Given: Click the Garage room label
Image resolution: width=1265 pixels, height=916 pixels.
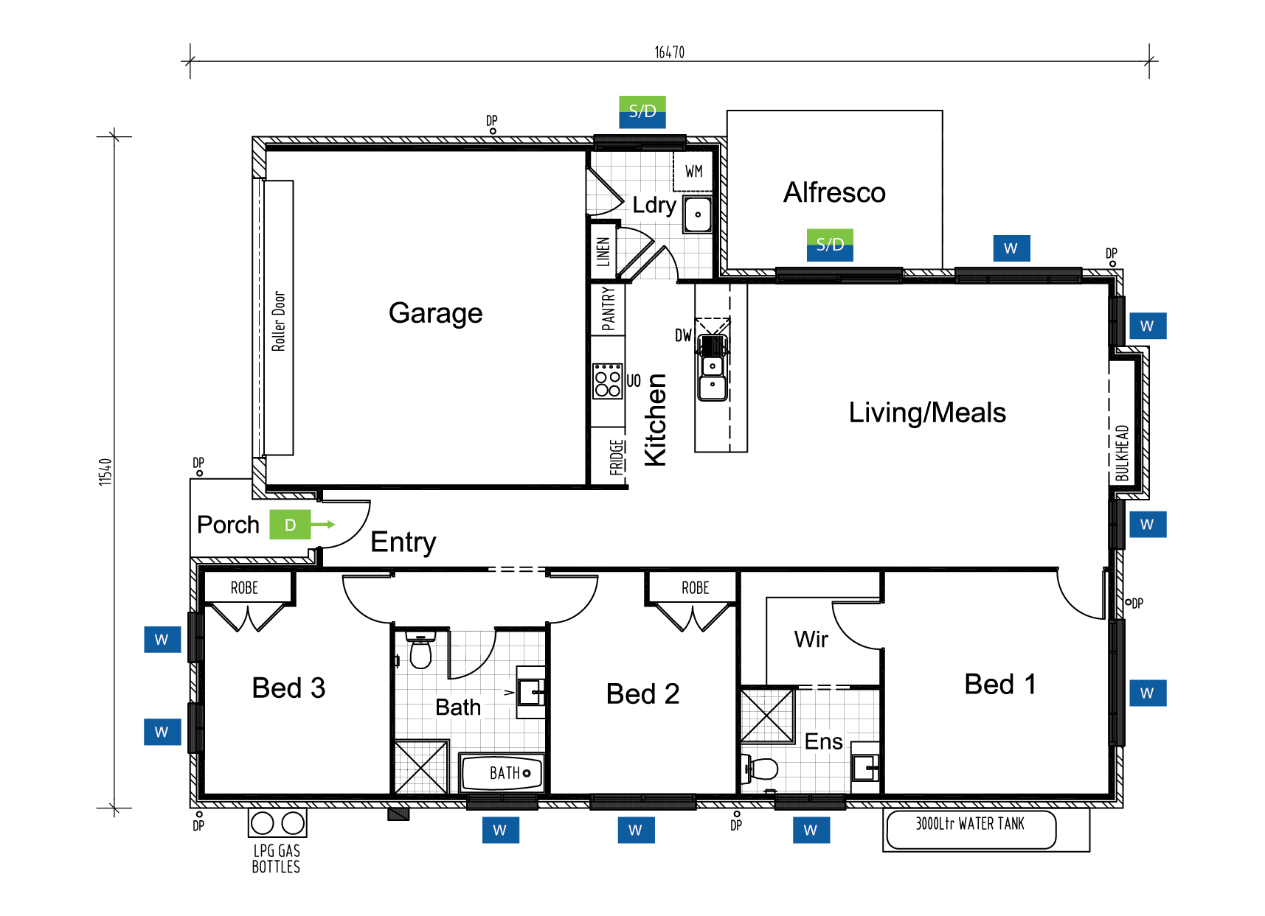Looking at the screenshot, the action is click(435, 313).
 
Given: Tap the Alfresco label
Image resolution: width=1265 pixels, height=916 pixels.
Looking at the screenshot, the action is click(834, 192).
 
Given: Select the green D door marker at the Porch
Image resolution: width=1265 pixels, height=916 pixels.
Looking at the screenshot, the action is click(290, 525).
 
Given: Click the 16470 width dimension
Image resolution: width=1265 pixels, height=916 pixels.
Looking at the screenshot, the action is click(670, 52).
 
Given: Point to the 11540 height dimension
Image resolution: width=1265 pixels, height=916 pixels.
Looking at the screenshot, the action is click(105, 472).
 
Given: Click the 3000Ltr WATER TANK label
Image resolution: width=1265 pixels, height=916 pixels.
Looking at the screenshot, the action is click(970, 824).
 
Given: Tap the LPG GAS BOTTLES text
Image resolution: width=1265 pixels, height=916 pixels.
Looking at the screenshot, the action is click(276, 859).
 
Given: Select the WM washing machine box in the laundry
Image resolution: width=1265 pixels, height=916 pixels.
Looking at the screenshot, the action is click(693, 171).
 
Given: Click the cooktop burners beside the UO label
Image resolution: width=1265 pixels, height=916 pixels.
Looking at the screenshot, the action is click(608, 381).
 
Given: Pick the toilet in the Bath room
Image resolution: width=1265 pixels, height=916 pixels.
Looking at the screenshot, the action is click(420, 649).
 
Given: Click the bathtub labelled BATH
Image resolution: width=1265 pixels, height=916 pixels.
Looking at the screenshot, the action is click(502, 773).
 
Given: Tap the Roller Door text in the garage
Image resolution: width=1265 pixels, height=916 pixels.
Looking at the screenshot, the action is click(278, 321).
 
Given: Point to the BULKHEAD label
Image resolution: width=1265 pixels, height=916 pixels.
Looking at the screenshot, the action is click(1122, 452).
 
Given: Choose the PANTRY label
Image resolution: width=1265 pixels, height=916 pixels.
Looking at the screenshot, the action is click(608, 309).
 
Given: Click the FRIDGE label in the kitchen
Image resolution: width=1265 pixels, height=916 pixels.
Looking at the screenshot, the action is click(617, 457).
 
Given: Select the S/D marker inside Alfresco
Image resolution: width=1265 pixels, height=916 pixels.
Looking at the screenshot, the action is click(830, 245).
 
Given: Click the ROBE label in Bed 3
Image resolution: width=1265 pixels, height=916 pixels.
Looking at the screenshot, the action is click(244, 588).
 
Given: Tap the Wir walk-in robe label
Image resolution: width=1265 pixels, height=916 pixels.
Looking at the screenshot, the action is click(811, 639).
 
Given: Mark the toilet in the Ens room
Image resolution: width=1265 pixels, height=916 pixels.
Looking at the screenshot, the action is click(760, 769).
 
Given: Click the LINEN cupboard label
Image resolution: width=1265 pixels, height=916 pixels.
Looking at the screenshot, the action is click(603, 251).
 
